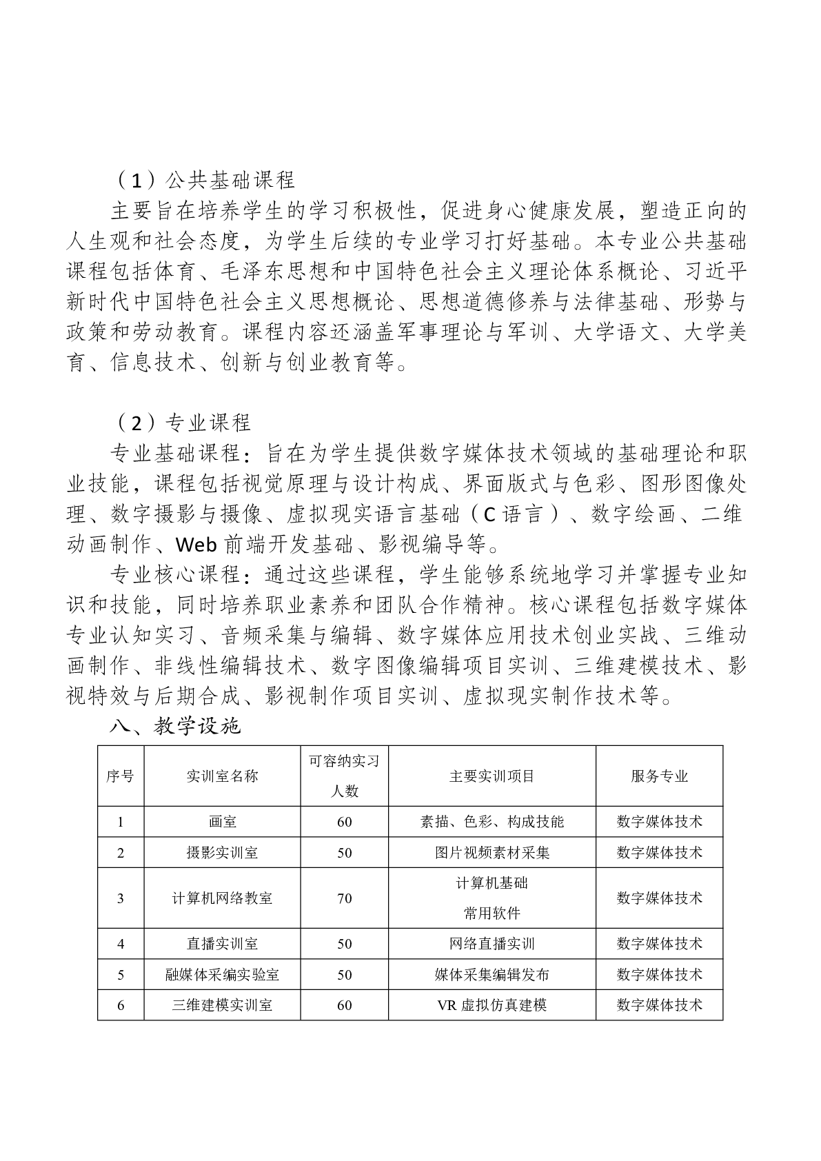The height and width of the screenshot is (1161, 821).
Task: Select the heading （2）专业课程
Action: click(182, 423)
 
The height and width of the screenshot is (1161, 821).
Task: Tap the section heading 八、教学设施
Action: click(176, 726)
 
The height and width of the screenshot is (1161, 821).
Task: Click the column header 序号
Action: click(121, 776)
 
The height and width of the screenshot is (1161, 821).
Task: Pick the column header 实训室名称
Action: click(222, 776)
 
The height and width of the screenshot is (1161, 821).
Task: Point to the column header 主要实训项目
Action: click(492, 776)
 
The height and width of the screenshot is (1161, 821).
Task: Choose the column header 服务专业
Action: click(659, 776)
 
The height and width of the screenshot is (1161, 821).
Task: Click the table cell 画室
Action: click(222, 822)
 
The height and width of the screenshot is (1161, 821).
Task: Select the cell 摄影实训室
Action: click(222, 853)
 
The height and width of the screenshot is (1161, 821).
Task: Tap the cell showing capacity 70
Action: click(345, 898)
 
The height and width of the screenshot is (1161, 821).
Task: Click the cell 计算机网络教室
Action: click(222, 898)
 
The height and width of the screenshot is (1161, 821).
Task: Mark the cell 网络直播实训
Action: click(492, 944)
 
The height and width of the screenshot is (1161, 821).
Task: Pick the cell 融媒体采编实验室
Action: click(222, 975)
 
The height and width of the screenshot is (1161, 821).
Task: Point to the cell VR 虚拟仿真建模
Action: click(492, 1005)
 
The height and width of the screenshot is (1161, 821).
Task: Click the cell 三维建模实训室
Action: click(222, 1005)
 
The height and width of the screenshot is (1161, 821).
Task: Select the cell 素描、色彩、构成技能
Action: click(492, 822)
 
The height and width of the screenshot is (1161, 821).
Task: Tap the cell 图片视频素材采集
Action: click(492, 853)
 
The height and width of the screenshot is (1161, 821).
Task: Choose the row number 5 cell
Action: click(121, 975)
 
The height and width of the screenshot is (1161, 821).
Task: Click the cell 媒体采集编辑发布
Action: click(492, 975)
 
